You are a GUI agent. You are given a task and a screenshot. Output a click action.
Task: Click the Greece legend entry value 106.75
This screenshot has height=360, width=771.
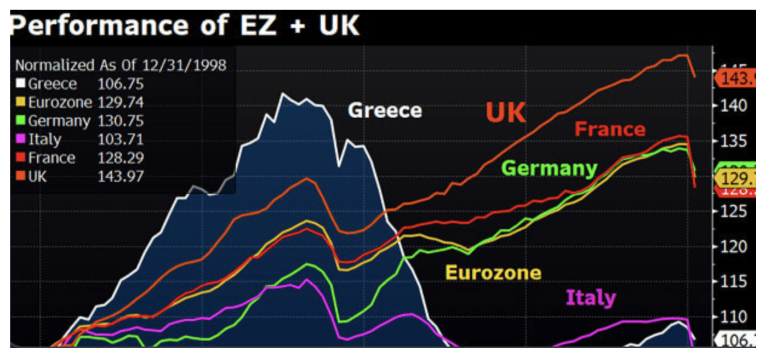click(x=121, y=84)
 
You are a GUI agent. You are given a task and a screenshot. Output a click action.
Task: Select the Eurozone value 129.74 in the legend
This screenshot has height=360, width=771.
click(x=121, y=102)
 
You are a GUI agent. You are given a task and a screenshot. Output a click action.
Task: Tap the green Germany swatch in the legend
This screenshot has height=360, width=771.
click(x=20, y=121)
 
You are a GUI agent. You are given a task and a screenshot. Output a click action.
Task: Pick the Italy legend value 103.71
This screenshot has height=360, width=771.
click(x=121, y=139)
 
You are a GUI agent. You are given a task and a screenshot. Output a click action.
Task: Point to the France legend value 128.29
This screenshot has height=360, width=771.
click(x=121, y=158)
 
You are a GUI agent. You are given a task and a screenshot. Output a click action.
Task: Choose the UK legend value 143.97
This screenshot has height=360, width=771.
click(x=121, y=177)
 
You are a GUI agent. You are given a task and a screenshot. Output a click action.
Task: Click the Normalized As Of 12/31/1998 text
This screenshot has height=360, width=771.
click(x=120, y=65)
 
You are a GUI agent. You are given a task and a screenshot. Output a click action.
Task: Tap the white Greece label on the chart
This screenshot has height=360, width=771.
click(x=384, y=110)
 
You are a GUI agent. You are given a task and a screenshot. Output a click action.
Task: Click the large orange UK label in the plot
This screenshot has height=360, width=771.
click(x=506, y=113)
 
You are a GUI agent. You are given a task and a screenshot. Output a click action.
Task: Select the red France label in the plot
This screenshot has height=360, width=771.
click(x=610, y=129)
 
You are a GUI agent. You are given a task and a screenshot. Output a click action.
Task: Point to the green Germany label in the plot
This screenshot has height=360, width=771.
click(x=550, y=168)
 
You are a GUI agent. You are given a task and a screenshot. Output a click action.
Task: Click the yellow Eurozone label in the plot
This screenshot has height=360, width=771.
click(x=493, y=273)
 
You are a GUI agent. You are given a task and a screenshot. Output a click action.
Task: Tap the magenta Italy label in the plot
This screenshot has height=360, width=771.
click(x=590, y=298)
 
